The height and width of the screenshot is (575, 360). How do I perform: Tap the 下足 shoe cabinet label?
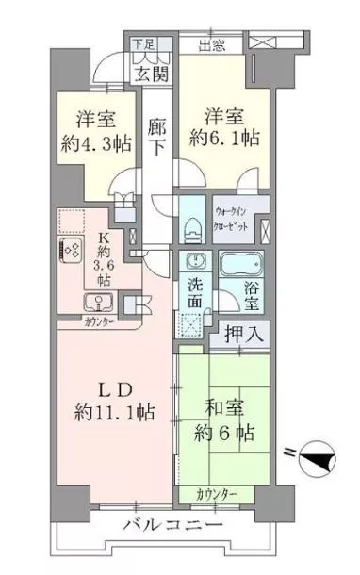pos(141,43)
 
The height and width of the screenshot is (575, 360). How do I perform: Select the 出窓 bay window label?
pos(211,43)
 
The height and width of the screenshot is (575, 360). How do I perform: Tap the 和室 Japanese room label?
pos(225,411)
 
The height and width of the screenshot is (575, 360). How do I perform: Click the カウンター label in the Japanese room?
pos(218,494)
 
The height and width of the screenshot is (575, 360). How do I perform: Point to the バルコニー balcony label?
pos(172,524)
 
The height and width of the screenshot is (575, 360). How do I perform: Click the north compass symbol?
pos(319,460)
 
